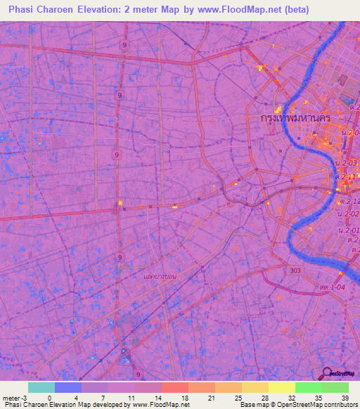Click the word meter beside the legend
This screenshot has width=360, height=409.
[x=11, y=397]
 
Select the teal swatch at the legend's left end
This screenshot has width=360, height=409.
[x=41, y=387]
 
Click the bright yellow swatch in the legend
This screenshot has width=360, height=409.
[x=281, y=387]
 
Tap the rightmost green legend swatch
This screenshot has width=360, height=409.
[x=335, y=387]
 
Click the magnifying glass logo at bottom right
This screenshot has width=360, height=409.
[x=327, y=372]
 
